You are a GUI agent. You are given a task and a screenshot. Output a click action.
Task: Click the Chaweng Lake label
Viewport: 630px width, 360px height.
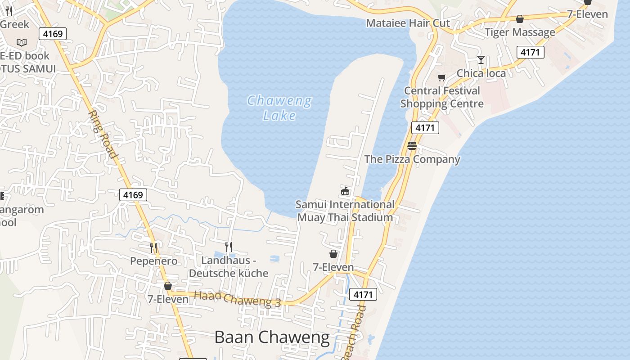[x=279, y=108]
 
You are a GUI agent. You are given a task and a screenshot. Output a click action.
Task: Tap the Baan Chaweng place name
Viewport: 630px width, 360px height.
[x=272, y=337]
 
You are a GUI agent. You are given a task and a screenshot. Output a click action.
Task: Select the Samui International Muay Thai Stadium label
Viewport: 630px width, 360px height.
[x=345, y=211]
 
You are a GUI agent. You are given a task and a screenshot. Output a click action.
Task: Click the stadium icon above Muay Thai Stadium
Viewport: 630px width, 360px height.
[x=345, y=191]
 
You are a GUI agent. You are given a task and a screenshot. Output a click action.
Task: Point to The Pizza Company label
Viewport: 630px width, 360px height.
[x=412, y=159]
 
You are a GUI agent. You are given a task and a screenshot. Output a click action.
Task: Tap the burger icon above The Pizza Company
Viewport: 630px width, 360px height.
[x=412, y=146]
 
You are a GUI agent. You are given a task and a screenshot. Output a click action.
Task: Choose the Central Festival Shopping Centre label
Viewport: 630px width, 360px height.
[x=442, y=97]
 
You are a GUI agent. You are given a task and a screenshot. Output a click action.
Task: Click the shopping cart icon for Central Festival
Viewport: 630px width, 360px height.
[x=441, y=77]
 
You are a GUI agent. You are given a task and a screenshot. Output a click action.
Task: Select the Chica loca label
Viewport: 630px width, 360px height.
[x=481, y=73]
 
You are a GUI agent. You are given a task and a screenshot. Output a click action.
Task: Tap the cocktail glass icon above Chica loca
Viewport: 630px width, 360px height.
[x=481, y=60]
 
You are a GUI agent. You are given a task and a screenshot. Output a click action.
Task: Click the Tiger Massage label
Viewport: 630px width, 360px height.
[x=520, y=32]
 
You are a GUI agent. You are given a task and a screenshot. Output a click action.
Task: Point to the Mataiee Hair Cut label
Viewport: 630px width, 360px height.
[x=408, y=23]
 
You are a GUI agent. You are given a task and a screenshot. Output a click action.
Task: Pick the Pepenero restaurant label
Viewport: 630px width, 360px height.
[x=154, y=261]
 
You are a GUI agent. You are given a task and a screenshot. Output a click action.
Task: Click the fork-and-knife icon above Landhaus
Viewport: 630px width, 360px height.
[x=229, y=247]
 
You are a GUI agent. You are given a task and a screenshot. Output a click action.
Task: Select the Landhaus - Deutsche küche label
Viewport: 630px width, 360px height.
[x=229, y=267]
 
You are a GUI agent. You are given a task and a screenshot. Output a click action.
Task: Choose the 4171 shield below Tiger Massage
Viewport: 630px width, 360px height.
[x=530, y=52]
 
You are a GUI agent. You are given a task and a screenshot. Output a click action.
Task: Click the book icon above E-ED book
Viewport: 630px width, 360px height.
[x=22, y=42]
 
